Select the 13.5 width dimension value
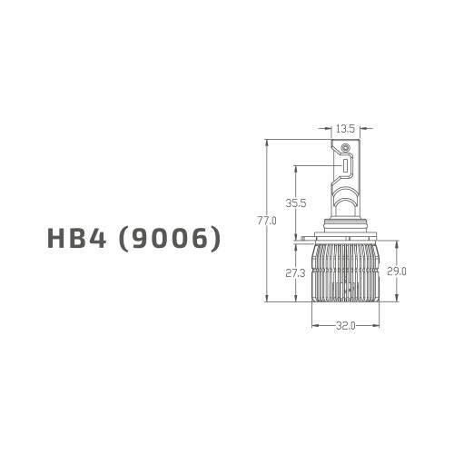point(344,129)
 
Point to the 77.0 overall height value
point(267,221)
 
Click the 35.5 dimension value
point(295,203)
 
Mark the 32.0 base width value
point(344,325)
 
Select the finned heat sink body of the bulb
point(344,272)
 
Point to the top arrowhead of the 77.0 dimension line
point(267,142)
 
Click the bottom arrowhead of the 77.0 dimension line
point(267,301)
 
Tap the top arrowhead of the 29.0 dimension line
point(398,241)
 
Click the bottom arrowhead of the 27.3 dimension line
point(295,301)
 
